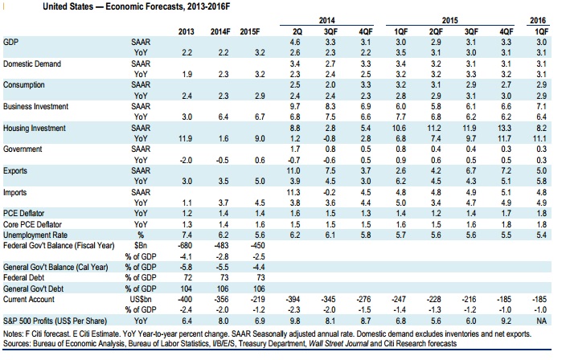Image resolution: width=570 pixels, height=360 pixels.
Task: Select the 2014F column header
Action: click(219, 31)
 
